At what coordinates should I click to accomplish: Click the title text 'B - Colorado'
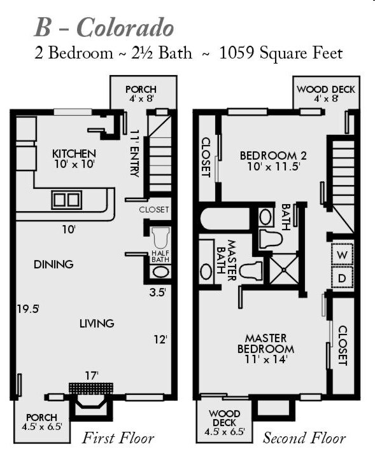pyautogui.click(x=104, y=28)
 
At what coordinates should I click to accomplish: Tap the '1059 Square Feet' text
pyautogui.click(x=281, y=53)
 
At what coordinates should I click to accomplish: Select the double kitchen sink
pyautogui.click(x=66, y=200)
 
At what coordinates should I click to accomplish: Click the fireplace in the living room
pyautogui.click(x=90, y=401)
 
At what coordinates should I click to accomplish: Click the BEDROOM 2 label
pyautogui.click(x=268, y=160)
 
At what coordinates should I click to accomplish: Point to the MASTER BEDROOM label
pyautogui.click(x=265, y=349)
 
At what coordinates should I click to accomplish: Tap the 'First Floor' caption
pyautogui.click(x=118, y=438)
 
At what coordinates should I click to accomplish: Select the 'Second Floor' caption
pyautogui.click(x=304, y=438)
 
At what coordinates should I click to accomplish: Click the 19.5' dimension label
pyautogui.click(x=28, y=309)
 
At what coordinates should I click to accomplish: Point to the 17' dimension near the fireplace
pyautogui.click(x=92, y=375)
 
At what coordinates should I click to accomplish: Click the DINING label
pyautogui.click(x=53, y=265)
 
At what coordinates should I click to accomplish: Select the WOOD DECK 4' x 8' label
pyautogui.click(x=326, y=94)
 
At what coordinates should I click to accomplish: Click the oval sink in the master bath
pyautogui.click(x=206, y=272)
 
